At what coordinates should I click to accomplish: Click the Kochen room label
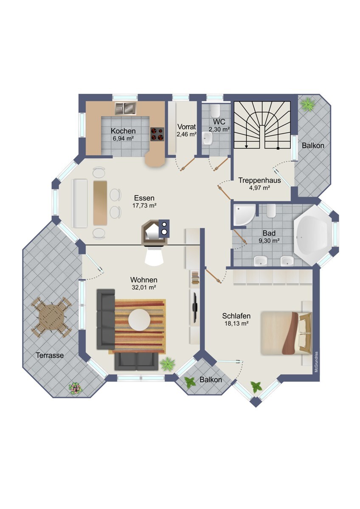[x=123, y=131]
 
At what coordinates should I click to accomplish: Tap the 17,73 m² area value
[x=144, y=206]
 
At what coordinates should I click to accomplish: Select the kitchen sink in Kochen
[x=125, y=109]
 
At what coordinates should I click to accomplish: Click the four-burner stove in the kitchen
[x=157, y=134]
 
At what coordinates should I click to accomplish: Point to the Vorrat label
[x=186, y=126]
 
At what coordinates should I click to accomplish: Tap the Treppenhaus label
[x=259, y=180]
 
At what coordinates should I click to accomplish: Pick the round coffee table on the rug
[x=139, y=320]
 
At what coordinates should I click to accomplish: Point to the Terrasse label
[x=50, y=355]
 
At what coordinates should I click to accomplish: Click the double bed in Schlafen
[x=286, y=333]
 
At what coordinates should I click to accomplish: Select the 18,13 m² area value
[x=236, y=324]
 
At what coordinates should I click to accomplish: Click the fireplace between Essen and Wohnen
[x=155, y=232]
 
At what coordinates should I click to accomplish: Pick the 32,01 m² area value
[x=144, y=288]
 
